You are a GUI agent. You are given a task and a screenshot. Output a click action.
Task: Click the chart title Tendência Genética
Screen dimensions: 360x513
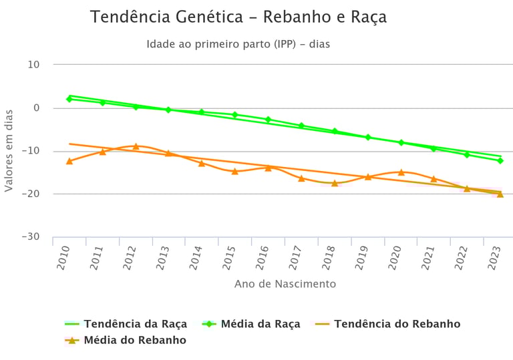(238, 17)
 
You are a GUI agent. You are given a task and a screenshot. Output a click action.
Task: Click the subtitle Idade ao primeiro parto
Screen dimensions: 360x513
(238, 45)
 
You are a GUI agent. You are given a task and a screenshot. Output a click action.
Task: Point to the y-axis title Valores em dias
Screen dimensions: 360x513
(9, 151)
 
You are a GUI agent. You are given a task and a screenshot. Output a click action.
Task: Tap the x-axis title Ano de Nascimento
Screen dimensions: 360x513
(285, 284)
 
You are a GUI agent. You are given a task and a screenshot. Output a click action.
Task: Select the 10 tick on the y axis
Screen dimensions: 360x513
(33, 65)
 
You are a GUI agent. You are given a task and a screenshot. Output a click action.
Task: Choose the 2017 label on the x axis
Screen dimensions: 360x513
(296, 257)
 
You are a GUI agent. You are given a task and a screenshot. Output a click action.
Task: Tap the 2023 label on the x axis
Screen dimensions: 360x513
(495, 257)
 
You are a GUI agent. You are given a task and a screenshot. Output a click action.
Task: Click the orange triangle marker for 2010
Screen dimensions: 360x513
(69, 161)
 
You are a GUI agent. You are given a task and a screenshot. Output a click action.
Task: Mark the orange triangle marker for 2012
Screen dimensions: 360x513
(136, 146)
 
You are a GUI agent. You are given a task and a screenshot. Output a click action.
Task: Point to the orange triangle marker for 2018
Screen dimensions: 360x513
(335, 182)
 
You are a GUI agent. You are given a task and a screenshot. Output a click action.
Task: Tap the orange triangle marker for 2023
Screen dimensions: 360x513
(500, 194)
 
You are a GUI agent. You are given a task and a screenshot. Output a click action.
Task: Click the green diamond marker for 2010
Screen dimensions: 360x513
(69, 99)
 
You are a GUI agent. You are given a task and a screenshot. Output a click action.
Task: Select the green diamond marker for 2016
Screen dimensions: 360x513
(269, 120)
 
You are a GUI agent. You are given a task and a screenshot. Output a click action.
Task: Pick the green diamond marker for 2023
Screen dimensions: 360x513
(500, 160)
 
